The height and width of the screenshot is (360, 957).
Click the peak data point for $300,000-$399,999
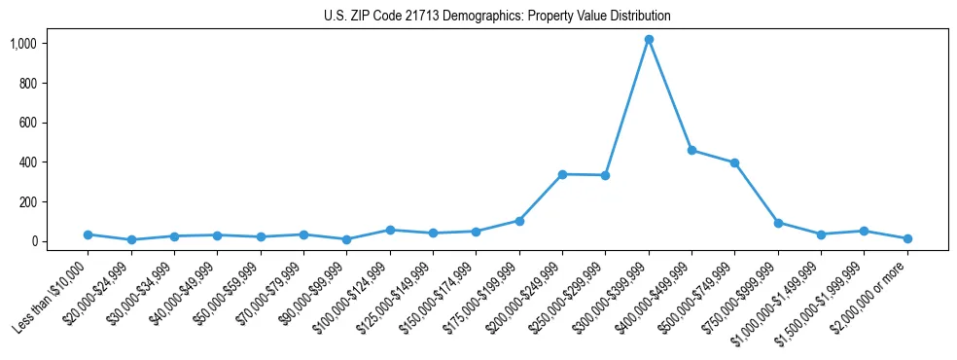tap(649, 40)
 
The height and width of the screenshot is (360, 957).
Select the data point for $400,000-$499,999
tap(691, 150)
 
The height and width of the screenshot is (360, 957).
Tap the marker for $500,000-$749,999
tap(735, 162)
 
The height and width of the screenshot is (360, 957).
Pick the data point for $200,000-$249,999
tap(562, 174)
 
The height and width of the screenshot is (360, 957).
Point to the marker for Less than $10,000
tap(88, 234)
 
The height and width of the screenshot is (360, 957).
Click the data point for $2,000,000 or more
tap(907, 238)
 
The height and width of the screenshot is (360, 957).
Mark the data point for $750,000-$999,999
tap(778, 223)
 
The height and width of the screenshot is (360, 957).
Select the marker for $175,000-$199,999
tap(519, 221)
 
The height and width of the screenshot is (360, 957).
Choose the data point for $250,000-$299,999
tap(605, 175)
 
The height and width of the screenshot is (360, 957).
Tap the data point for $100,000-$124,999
tap(390, 230)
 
